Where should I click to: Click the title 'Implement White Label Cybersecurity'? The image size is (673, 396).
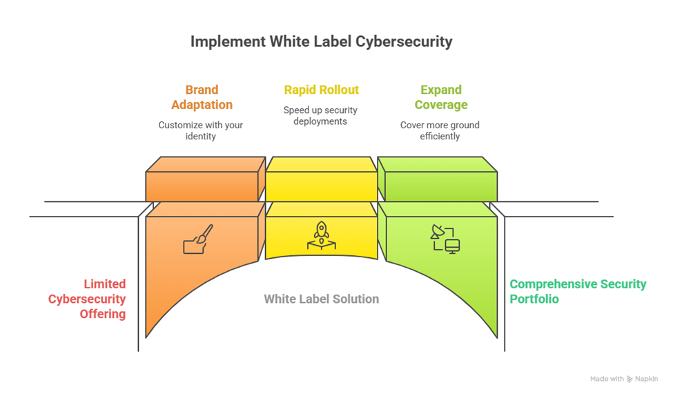321,41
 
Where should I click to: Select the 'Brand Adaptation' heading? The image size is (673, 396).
202,97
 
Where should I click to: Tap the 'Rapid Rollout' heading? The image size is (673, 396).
321,90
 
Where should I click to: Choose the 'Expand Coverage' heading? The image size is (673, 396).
440,97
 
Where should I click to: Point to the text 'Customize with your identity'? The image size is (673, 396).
201,130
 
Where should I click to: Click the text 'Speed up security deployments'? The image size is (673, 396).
320,115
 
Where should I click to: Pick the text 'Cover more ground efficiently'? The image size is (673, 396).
440,130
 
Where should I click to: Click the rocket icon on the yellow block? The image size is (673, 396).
321,235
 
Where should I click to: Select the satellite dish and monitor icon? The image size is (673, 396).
446,239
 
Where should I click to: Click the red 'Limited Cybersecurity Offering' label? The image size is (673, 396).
87,299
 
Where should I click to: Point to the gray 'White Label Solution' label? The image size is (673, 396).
321,299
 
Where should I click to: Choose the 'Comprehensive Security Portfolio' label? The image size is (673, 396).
578,291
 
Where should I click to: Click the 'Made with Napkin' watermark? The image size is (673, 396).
623,379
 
